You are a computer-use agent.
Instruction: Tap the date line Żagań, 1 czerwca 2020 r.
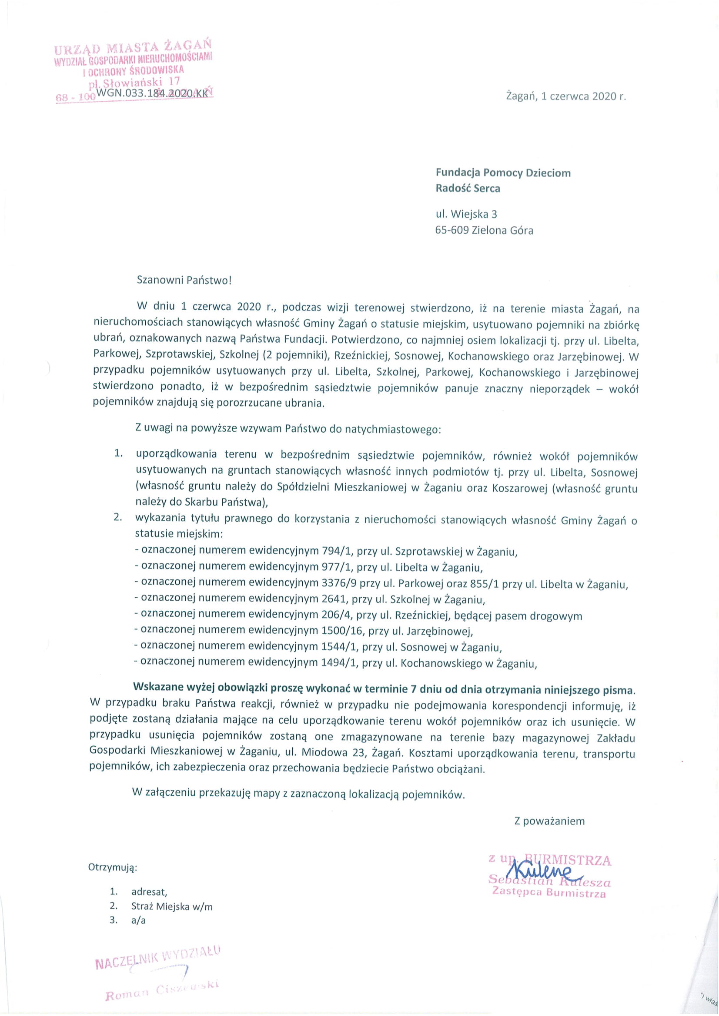click(566, 96)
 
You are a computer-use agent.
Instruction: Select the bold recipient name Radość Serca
click(468, 189)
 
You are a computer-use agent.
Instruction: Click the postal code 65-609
click(452, 231)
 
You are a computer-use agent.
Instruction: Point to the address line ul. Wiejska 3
click(466, 215)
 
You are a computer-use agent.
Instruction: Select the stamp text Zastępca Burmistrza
click(549, 893)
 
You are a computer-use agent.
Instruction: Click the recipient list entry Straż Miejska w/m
click(172, 906)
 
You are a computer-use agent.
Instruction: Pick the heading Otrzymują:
click(113, 867)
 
